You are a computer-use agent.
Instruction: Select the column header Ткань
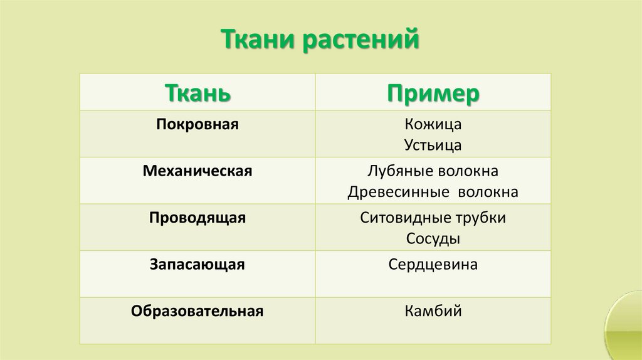197,93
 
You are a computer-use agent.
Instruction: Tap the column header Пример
433,93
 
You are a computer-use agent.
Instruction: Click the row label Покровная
197,124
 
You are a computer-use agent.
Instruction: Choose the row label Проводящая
197,218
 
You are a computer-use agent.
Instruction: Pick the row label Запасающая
197,265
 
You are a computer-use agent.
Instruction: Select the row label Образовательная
197,311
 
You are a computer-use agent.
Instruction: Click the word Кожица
433,124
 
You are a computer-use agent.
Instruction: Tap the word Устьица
433,146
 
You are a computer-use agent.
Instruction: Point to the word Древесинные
396,193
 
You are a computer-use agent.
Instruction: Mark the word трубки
481,218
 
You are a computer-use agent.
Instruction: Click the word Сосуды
433,240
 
